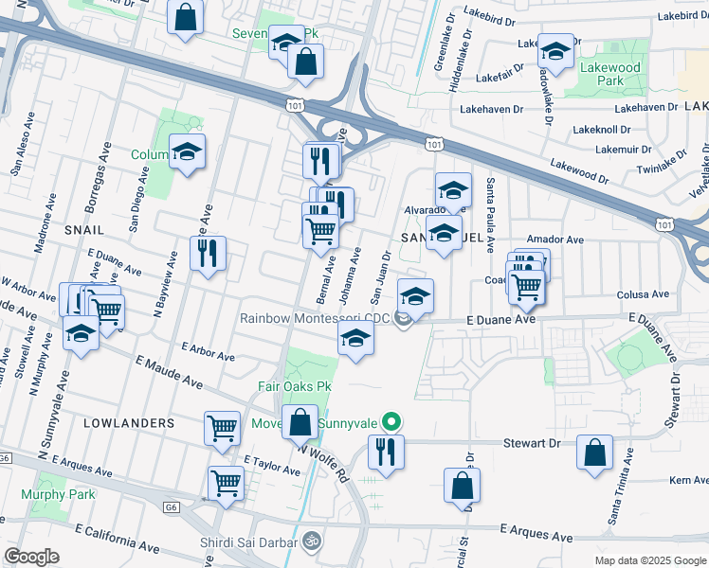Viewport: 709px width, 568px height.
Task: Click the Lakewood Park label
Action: coord(610,74)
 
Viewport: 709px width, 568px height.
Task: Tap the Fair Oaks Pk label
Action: coord(295,386)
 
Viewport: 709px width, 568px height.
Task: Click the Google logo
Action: coord(30,557)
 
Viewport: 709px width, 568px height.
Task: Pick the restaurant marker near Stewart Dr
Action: coord(386,451)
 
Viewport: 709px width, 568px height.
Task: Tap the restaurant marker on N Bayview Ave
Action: coord(208,253)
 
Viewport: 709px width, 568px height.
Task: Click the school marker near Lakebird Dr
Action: coord(555,49)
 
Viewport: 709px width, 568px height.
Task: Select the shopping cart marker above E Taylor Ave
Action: coord(222,427)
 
